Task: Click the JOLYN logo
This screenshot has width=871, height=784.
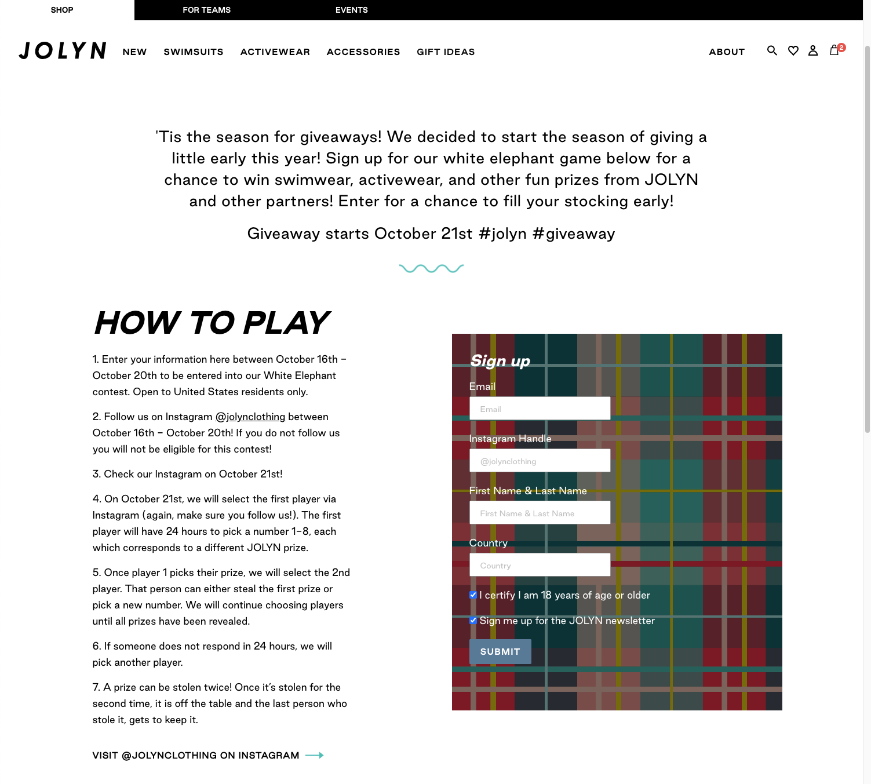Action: click(63, 51)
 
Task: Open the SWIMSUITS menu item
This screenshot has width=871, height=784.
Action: click(194, 52)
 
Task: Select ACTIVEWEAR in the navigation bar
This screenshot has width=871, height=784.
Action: click(275, 52)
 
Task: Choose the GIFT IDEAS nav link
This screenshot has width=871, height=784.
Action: click(446, 52)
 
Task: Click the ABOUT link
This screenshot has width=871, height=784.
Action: click(727, 52)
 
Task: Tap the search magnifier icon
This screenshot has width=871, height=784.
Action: click(772, 51)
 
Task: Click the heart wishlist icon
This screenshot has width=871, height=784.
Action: click(793, 51)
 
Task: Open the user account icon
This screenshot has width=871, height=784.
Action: click(813, 51)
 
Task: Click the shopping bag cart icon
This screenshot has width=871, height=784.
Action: click(834, 51)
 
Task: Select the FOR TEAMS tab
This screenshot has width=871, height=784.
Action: click(206, 10)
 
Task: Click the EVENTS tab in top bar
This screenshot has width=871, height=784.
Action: click(351, 10)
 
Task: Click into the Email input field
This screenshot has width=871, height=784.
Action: click(540, 409)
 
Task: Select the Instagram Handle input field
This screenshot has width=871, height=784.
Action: click(540, 461)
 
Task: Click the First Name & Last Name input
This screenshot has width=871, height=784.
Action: click(540, 513)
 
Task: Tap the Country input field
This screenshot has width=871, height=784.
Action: click(540, 565)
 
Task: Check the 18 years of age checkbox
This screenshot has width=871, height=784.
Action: click(473, 595)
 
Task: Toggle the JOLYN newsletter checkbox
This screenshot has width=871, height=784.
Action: click(473, 621)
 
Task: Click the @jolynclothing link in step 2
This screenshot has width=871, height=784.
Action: click(250, 417)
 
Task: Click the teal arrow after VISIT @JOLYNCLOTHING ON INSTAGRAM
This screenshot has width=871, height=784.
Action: click(314, 755)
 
